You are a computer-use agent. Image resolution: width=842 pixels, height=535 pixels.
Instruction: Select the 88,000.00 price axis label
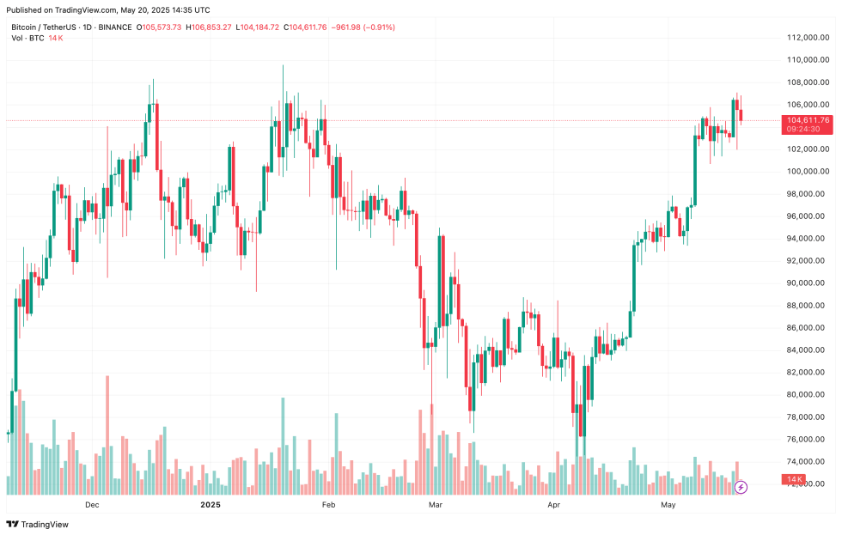(x=811, y=306)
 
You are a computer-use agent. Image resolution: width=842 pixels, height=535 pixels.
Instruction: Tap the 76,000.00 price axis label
(x=811, y=440)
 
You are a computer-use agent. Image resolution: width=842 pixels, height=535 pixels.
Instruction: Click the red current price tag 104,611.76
(x=807, y=120)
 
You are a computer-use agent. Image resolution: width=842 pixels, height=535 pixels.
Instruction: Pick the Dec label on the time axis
(x=93, y=505)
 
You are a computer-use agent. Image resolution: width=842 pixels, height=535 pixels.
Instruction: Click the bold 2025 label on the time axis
(x=210, y=505)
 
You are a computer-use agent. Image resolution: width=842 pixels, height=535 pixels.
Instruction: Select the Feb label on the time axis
(x=327, y=505)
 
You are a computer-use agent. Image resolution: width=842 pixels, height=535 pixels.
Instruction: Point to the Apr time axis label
(x=554, y=505)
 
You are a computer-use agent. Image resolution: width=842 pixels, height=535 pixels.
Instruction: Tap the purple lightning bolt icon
(x=741, y=487)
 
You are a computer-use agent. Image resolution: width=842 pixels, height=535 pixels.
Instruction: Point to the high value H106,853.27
(x=209, y=27)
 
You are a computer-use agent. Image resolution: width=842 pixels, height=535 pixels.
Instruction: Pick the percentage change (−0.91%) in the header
(x=378, y=27)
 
